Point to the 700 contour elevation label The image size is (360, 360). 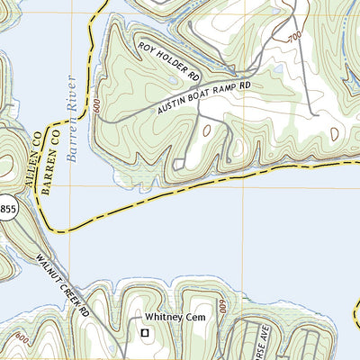tap(294, 38)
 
